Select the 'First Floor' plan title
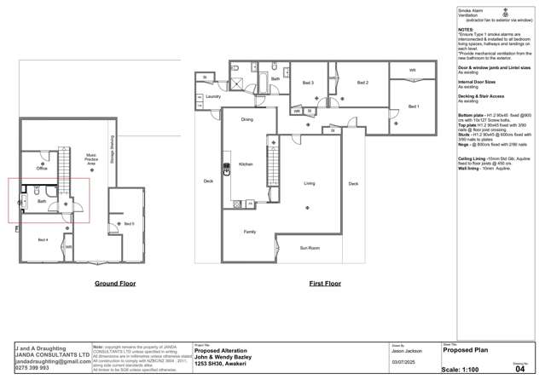[x=325, y=283]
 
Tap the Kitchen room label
[x=246, y=164]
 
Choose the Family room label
[x=250, y=232]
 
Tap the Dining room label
[x=246, y=119]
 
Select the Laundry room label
[x=213, y=97]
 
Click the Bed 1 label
[x=414, y=106]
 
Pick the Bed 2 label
[x=362, y=83]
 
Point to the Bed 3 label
[x=308, y=83]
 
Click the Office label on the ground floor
[x=42, y=169]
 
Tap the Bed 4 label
[x=43, y=239]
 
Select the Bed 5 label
[x=129, y=223]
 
